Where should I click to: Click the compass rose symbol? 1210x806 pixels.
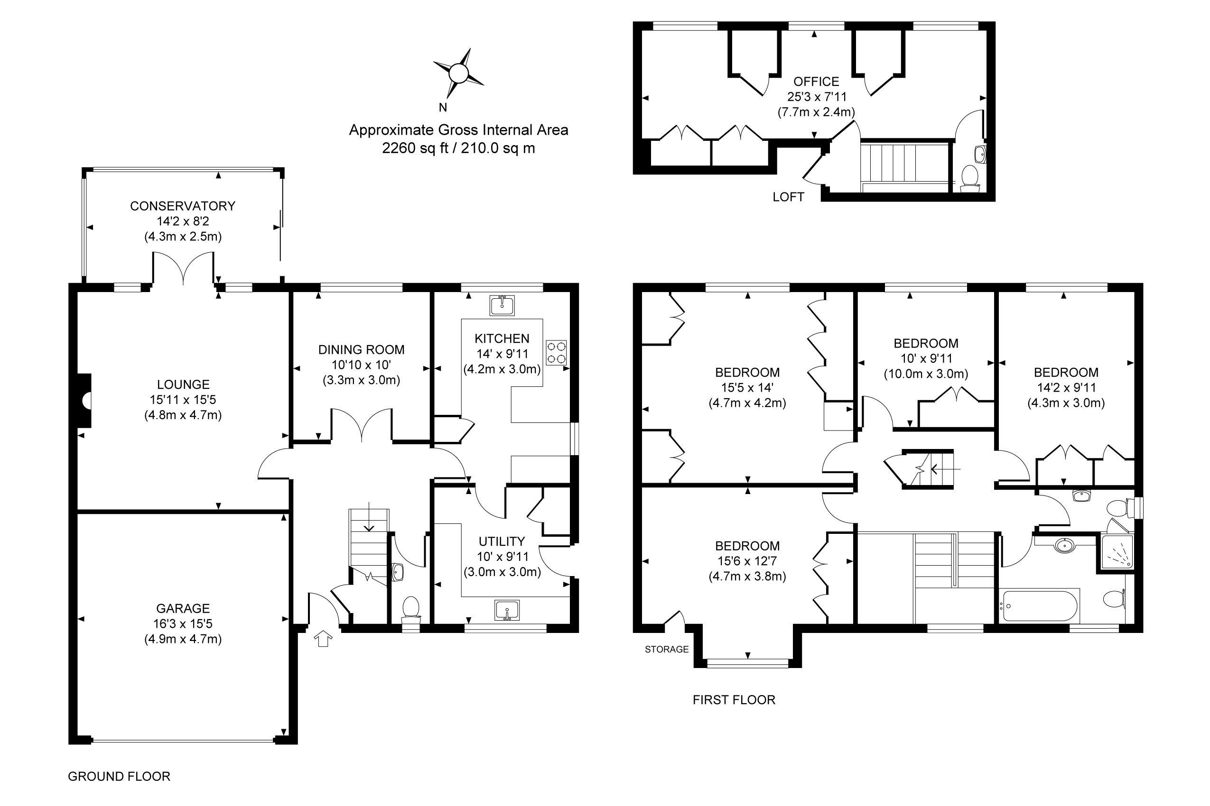pos(457,73)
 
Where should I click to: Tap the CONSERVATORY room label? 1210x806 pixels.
pos(183,206)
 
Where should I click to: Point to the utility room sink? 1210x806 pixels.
pos(507,611)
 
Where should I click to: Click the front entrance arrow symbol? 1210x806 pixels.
pos(323,639)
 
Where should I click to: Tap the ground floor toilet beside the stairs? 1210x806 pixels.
pos(410,608)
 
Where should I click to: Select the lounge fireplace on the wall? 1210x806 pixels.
pos(85,401)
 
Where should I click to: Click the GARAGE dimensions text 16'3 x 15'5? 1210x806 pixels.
pos(183,623)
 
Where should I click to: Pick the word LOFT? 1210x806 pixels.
pos(788,197)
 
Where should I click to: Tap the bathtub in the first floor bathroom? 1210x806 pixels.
pos(1038,606)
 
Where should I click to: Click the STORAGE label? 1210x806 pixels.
pos(666,649)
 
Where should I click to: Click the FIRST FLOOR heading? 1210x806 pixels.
pos(734,700)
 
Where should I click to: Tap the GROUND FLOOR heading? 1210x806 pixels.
pos(119,776)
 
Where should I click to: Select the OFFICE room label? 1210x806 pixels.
pos(816,81)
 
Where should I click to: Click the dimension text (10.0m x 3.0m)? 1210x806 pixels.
pos(925,374)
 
